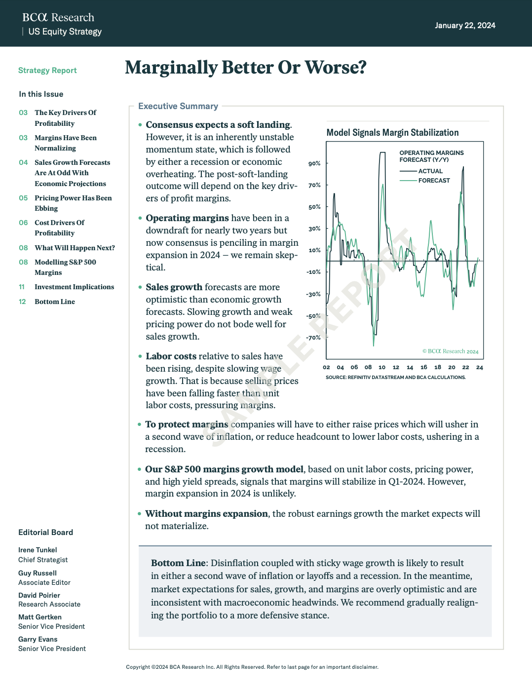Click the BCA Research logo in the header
(x=58, y=18)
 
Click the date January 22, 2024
(x=465, y=26)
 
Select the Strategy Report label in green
(x=47, y=71)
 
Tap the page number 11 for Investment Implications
(x=22, y=287)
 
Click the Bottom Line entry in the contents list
(x=55, y=302)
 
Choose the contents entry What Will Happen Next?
(x=75, y=248)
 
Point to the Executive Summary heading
(x=178, y=106)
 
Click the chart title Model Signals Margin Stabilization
(x=392, y=133)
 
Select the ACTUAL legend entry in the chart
(x=430, y=171)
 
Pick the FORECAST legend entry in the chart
(x=434, y=181)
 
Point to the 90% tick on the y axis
(x=314, y=164)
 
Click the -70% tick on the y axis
(x=313, y=338)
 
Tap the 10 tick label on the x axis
(x=382, y=368)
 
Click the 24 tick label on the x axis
(x=480, y=368)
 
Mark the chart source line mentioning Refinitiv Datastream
(x=395, y=378)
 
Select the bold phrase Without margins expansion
(x=206, y=514)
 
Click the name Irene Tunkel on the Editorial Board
(x=38, y=550)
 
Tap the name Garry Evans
(x=38, y=640)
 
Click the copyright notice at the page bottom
(x=252, y=667)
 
